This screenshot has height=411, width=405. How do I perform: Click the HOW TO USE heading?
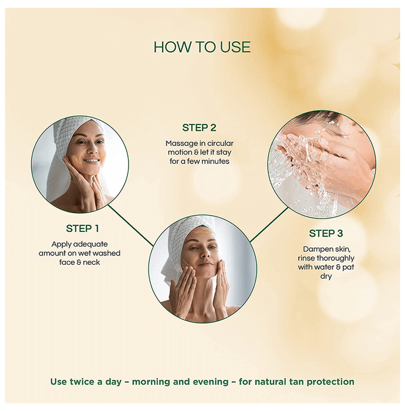(202, 47)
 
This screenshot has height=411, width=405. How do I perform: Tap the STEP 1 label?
(83, 228)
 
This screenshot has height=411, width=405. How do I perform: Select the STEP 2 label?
(200, 128)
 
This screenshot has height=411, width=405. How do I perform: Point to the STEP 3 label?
(326, 233)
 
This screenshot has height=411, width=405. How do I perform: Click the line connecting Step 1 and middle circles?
(130, 225)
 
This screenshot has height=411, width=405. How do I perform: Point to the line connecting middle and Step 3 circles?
(269, 225)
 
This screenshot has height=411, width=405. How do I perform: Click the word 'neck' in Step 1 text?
(92, 262)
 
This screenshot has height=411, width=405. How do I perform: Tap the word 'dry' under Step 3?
(326, 277)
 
